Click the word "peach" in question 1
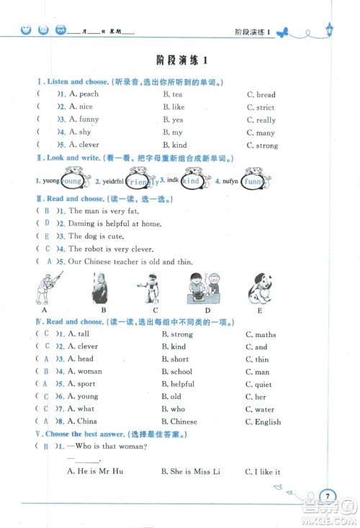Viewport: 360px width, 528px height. coord(89,94)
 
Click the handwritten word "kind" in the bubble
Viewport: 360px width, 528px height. coord(191,182)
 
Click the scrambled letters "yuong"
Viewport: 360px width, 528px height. coord(50,182)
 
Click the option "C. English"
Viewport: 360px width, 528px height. coord(262,421)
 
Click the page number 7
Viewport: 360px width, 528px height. coord(328,496)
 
